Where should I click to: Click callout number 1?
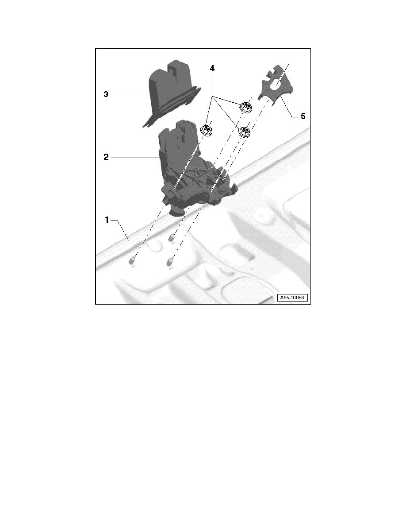pos(107,220)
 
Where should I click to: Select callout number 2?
pos(106,157)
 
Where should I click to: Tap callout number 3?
pos(106,95)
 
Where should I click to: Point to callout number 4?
pos(212,69)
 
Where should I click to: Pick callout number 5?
pos(303,116)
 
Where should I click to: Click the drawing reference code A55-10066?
pos(292,298)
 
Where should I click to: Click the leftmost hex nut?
pos(207,130)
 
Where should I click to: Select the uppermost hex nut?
pos(246,107)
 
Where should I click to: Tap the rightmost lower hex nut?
pos(245,131)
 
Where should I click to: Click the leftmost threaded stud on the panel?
pos(132,261)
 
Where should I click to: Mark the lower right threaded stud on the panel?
pos(170,262)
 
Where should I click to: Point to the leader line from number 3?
pos(130,95)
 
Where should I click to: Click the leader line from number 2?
pos(135,157)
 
